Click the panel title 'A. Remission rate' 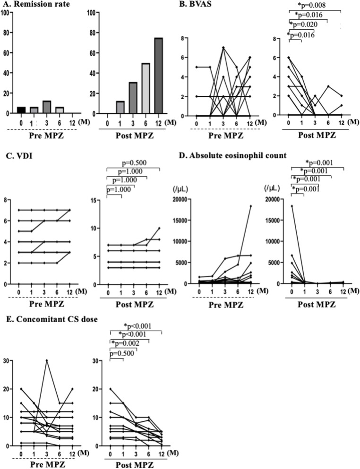coord(34,4)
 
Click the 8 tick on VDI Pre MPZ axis coord(5,200)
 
